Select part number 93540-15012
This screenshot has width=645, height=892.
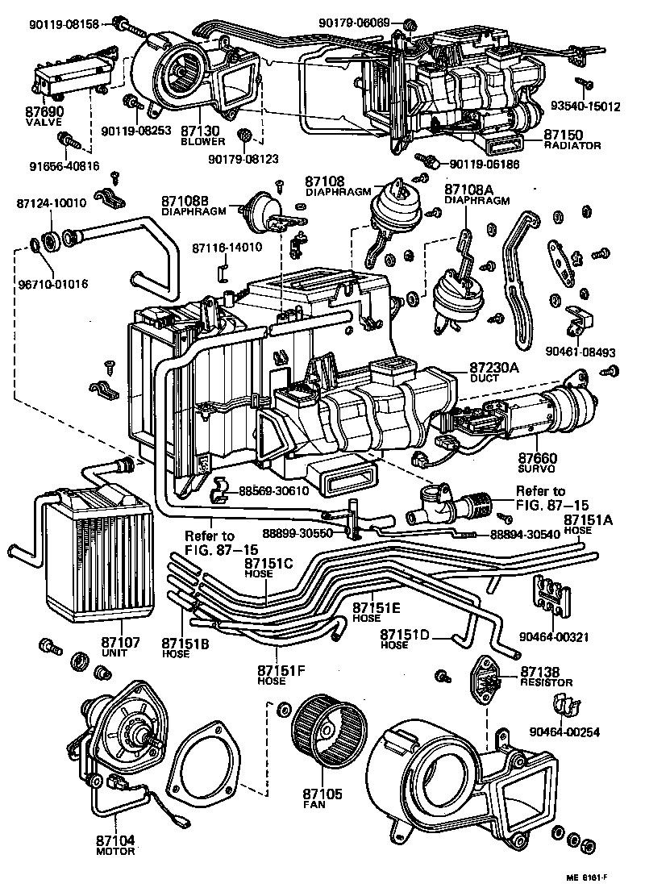597,106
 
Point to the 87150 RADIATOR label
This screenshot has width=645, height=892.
572,139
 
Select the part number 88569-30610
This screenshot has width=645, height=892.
275,490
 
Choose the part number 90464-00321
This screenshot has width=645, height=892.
560,636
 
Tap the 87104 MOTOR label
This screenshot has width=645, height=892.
115,844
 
